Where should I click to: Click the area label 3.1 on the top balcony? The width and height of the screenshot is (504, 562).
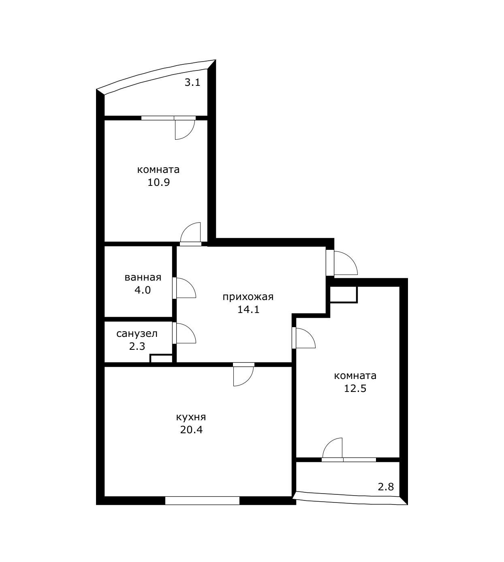pyautogui.click(x=192, y=83)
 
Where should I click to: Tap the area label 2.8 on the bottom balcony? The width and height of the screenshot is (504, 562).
pyautogui.click(x=386, y=486)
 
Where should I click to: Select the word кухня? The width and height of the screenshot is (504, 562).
pyautogui.click(x=191, y=417)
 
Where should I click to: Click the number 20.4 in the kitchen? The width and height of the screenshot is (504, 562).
pyautogui.click(x=191, y=430)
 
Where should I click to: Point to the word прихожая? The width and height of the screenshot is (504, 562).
pyautogui.click(x=248, y=297)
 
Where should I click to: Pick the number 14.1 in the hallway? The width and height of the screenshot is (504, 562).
pyautogui.click(x=248, y=310)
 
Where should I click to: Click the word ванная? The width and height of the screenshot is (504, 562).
pyautogui.click(x=143, y=277)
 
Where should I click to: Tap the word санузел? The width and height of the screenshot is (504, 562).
pyautogui.click(x=137, y=334)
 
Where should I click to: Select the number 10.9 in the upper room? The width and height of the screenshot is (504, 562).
pyautogui.click(x=158, y=182)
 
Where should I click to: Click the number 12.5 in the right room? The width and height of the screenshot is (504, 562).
pyautogui.click(x=355, y=389)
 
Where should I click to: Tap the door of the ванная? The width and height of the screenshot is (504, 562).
pyautogui.click(x=184, y=288)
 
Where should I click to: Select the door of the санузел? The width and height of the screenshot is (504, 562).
pyautogui.click(x=184, y=333)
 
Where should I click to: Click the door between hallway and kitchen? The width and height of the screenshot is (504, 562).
pyautogui.click(x=243, y=375)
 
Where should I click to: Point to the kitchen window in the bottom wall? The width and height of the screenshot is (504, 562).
pyautogui.click(x=202, y=500)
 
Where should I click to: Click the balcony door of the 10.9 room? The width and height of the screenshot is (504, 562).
pyautogui.click(x=184, y=129)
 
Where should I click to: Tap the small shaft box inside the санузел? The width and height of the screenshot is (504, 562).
pyautogui.click(x=161, y=358)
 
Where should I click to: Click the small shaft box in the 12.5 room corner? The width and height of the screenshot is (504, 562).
pyautogui.click(x=343, y=294)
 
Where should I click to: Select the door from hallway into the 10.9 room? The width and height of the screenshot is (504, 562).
pyautogui.click(x=191, y=234)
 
